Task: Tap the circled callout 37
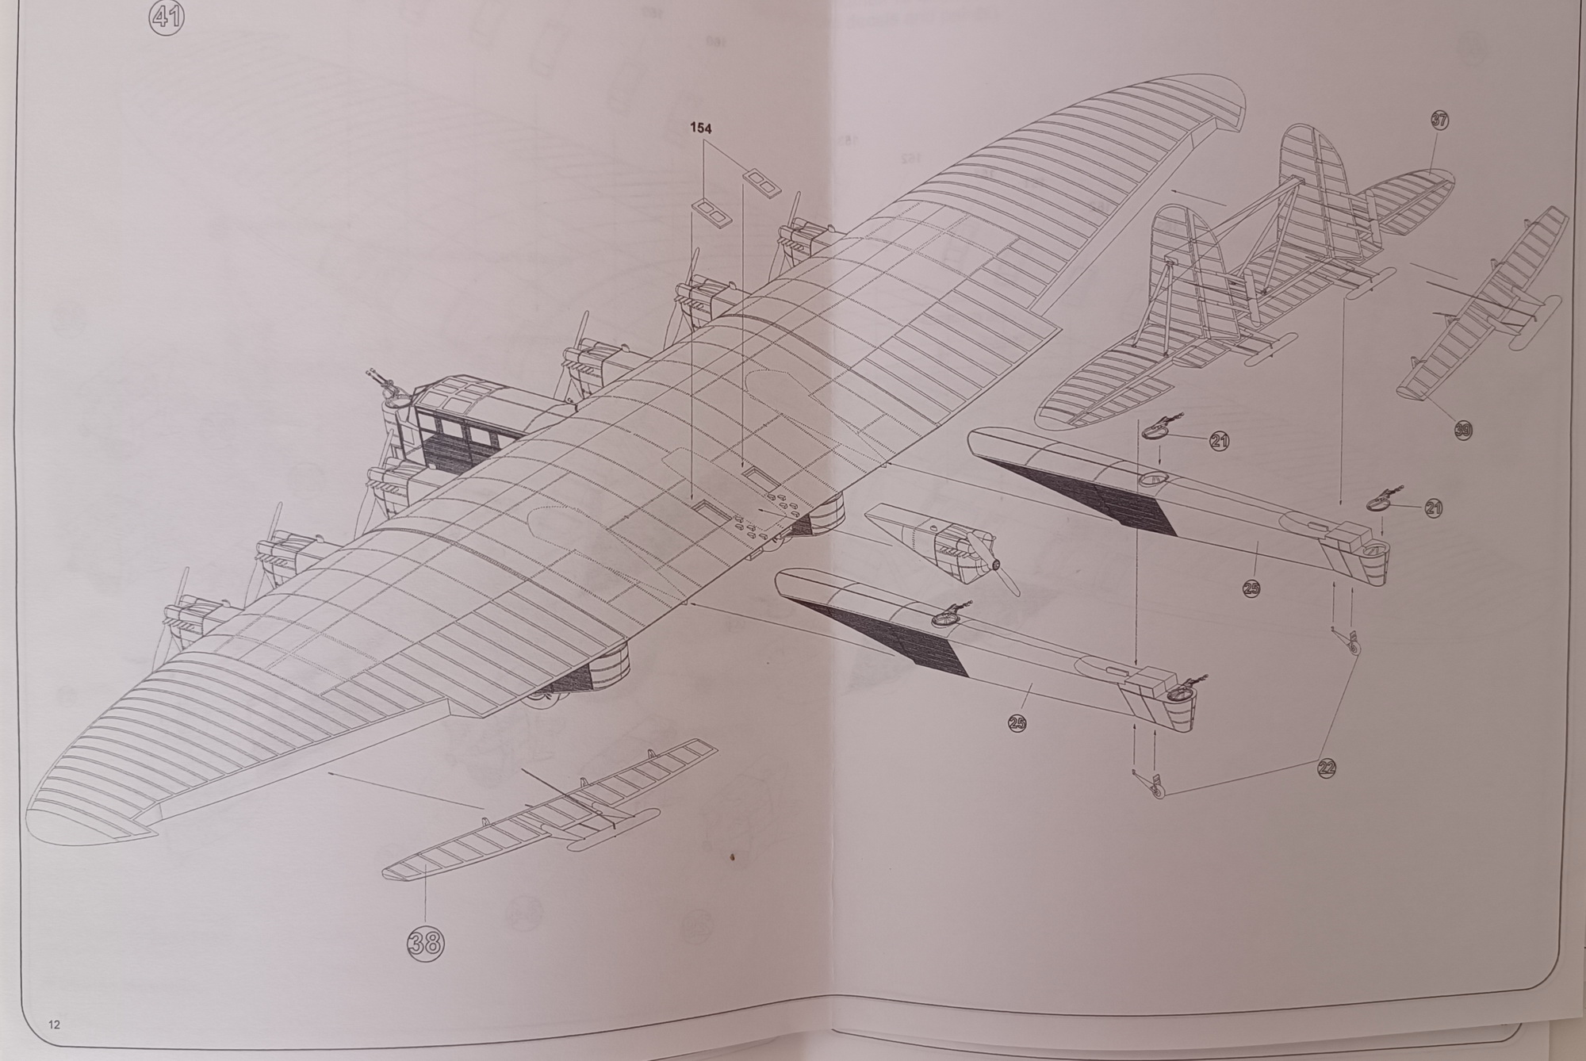coord(1439,121)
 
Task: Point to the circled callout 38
coord(426,941)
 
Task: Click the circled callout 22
coord(1326,767)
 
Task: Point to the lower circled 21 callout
coord(1434,508)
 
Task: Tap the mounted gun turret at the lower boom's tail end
coord(1182,691)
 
